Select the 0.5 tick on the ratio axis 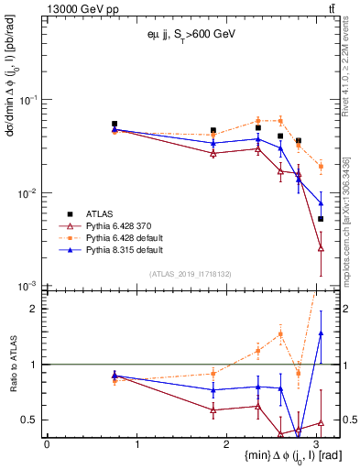[31, 420]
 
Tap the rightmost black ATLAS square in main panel [321, 219]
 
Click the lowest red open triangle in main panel [321, 248]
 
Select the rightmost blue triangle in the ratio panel [321, 333]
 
